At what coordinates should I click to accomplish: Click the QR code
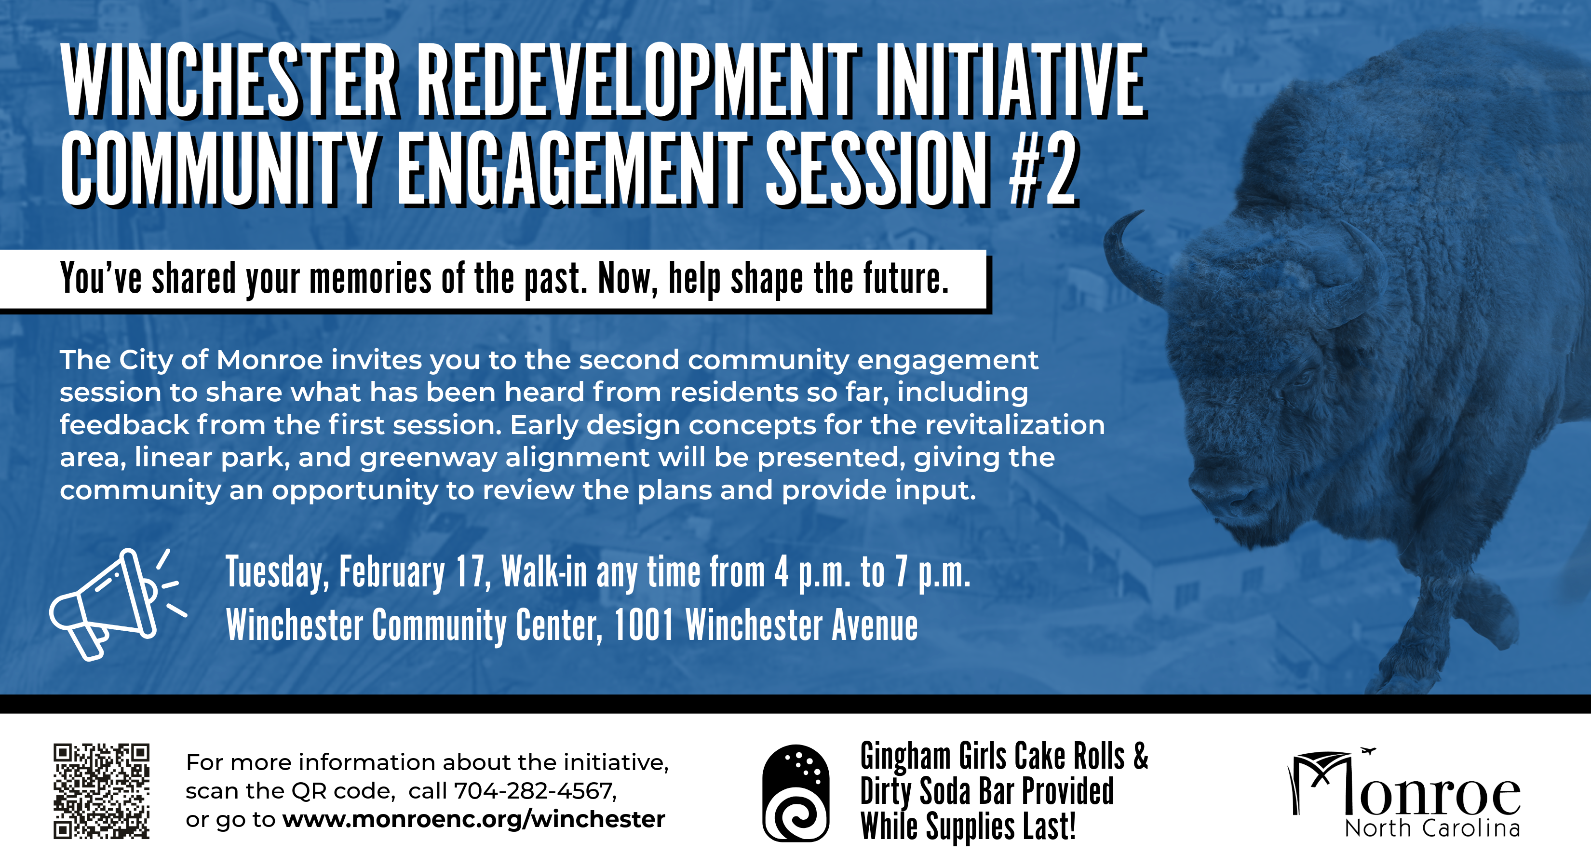click(101, 791)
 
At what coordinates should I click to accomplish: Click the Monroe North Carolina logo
click(1405, 794)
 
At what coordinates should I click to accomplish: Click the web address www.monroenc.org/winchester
click(474, 819)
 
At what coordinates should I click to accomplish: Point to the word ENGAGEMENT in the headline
click(571, 170)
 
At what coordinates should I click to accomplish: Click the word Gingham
click(905, 757)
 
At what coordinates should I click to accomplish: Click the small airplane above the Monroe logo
click(1369, 751)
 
